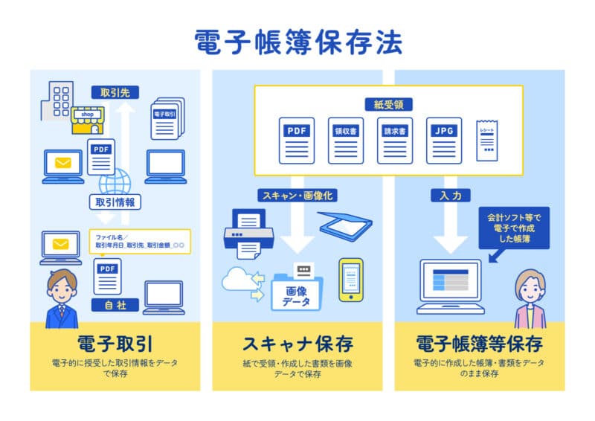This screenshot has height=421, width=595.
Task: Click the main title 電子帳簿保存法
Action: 297,42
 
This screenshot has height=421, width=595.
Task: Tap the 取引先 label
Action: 115,93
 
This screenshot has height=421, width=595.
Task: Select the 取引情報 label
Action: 115,202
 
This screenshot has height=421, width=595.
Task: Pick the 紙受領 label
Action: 388,105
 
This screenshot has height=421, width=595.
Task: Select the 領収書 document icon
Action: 345,140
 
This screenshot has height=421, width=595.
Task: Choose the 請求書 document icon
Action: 394,140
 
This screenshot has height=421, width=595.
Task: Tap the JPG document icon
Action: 443,140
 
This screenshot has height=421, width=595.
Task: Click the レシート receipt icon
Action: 487,139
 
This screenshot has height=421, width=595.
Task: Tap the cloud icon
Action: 238,280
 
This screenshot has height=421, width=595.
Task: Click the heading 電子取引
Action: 115,344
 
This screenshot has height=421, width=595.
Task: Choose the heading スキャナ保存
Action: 297,344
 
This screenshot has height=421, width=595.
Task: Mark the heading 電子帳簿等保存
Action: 479,344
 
